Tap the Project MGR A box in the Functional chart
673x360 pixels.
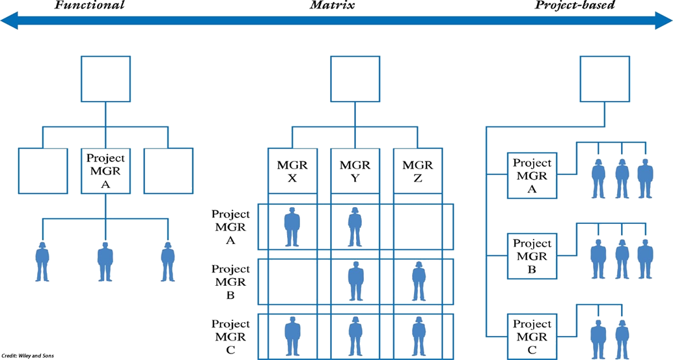[105, 171]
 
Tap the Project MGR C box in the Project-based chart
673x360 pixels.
[532, 335]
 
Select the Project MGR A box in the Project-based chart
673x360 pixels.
[532, 176]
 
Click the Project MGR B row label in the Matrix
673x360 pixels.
[230, 281]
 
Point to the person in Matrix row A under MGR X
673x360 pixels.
[292, 227]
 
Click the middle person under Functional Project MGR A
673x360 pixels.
[105, 262]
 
